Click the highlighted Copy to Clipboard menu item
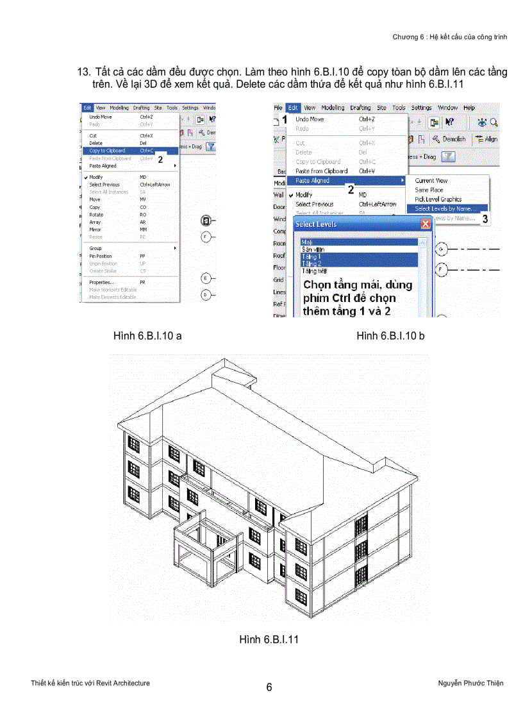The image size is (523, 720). click(x=108, y=151)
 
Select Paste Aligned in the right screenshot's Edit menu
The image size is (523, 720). click(x=313, y=181)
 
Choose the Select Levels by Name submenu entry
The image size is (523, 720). click(x=445, y=208)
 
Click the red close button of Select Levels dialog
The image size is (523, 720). click(x=426, y=224)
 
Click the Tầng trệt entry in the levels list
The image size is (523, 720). click(x=314, y=271)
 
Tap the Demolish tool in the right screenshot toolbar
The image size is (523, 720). click(x=449, y=138)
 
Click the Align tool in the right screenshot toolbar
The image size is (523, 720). click(x=486, y=138)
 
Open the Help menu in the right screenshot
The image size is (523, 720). click(x=469, y=108)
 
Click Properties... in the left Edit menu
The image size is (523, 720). click(x=102, y=282)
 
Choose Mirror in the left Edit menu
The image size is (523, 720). click(x=95, y=230)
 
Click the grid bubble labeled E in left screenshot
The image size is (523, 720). click(x=206, y=278)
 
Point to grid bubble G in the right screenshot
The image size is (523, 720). click(x=441, y=248)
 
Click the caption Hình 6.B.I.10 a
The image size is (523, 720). click(x=147, y=336)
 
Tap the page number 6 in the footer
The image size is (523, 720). click(x=269, y=687)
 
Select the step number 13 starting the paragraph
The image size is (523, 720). click(x=83, y=72)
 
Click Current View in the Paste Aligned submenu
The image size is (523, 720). click(x=431, y=181)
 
